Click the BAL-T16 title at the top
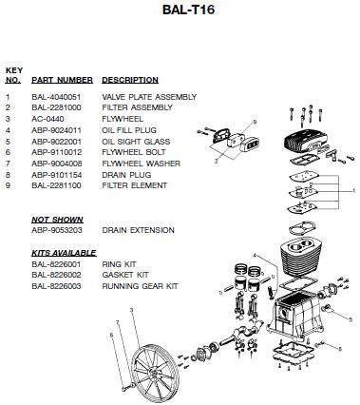coord(189,10)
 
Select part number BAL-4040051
coord(56,97)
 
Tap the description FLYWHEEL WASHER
coord(142,164)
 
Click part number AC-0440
coord(47,119)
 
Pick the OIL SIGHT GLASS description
coord(136,142)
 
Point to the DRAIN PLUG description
coord(126,175)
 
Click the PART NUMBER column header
coord(62,80)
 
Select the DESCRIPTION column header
coord(130,80)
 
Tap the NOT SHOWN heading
coord(57,220)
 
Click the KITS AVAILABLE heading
coord(64,253)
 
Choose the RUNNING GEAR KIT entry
coord(140,286)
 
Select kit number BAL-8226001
coord(56,264)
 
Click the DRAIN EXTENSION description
coord(138,230)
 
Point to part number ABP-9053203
coord(57,230)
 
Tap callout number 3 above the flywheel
coord(131,310)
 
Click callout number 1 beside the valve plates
coord(354,190)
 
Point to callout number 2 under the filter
coord(216,162)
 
